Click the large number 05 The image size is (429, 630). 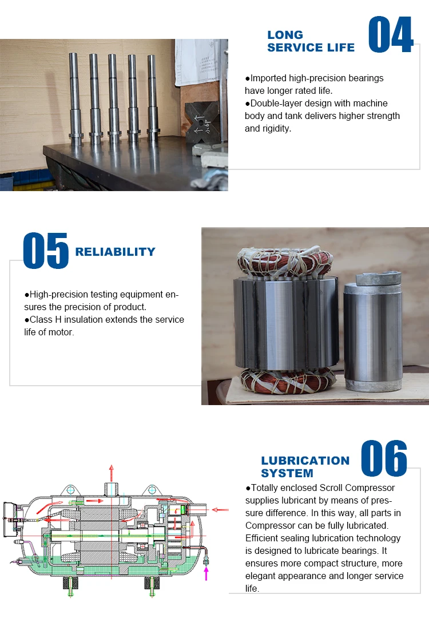[46, 251]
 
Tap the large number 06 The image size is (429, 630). [384, 458]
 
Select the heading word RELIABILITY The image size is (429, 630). [115, 252]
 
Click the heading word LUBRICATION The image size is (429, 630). [305, 461]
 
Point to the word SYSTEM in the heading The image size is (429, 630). [287, 473]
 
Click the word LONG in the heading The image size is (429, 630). [285, 35]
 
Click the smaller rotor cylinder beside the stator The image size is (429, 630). [372, 338]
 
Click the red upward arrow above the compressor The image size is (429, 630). [112, 473]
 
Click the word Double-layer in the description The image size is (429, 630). [275, 104]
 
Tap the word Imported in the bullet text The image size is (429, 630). [269, 78]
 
